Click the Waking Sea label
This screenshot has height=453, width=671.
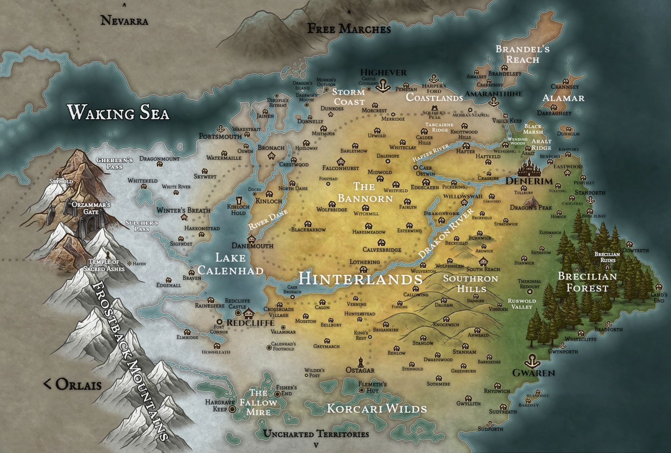click(x=118, y=112)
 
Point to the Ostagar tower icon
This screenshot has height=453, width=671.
click(x=360, y=361)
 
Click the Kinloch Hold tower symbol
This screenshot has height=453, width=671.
click(x=239, y=200)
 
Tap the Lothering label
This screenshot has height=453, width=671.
click(x=364, y=262)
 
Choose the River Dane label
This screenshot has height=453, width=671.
click(x=268, y=219)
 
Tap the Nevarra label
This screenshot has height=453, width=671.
click(x=124, y=21)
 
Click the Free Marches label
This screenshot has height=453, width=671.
click(x=349, y=29)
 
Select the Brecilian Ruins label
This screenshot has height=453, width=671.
click(x=607, y=257)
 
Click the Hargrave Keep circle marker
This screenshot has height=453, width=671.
click(x=232, y=409)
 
